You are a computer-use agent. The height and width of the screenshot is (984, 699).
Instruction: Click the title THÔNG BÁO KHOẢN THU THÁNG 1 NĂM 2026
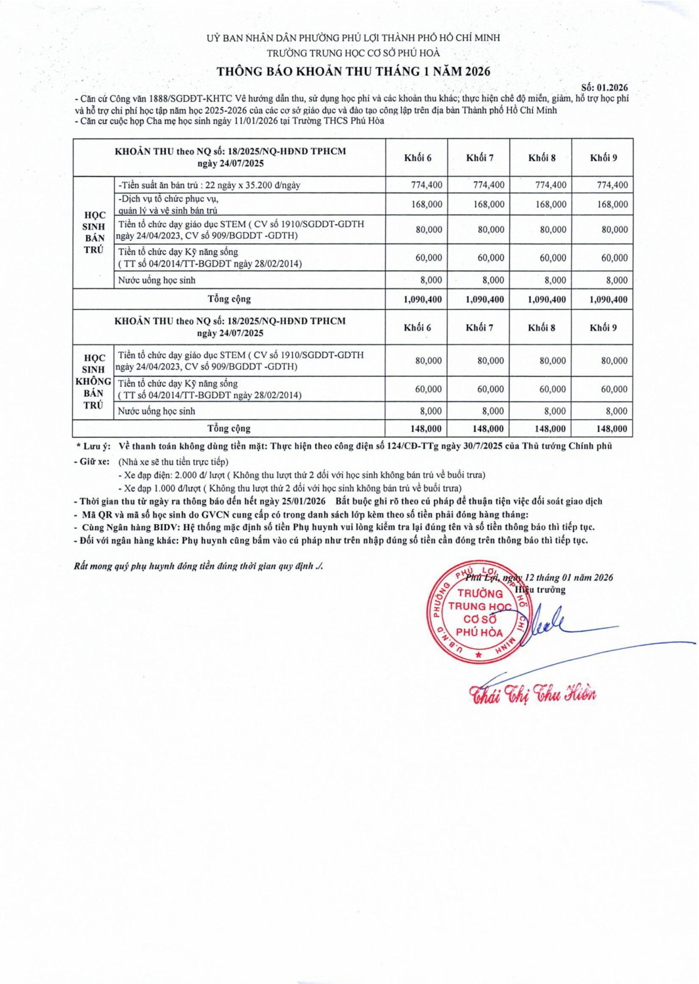pyautogui.click(x=353, y=72)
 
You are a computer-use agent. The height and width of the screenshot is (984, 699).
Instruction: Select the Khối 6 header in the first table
pyautogui.click(x=417, y=157)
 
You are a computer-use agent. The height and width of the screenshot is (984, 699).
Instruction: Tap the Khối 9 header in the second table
pyautogui.click(x=603, y=327)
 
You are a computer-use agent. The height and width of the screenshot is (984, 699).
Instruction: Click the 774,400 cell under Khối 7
pyautogui.click(x=488, y=185)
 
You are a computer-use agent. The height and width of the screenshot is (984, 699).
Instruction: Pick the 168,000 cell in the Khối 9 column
pyautogui.click(x=612, y=204)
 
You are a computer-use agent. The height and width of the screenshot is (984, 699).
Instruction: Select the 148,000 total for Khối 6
pyautogui.click(x=425, y=428)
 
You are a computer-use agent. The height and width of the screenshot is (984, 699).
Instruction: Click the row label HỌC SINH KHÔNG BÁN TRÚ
pyautogui.click(x=93, y=382)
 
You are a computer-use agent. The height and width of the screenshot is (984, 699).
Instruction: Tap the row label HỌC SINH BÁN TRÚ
pyautogui.click(x=94, y=232)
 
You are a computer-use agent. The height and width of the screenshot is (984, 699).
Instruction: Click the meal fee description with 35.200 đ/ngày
pyautogui.click(x=209, y=185)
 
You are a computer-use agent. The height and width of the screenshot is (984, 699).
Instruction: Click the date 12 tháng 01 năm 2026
pyautogui.click(x=568, y=577)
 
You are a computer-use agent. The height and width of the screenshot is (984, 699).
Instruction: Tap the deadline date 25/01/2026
pyautogui.click(x=303, y=501)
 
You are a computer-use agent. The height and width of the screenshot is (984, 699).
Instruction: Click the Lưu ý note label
pyautogui.click(x=93, y=446)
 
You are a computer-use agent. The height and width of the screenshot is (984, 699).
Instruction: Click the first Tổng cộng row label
pyautogui.click(x=228, y=299)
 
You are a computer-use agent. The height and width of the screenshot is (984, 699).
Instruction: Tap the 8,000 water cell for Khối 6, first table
pyautogui.click(x=431, y=280)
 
